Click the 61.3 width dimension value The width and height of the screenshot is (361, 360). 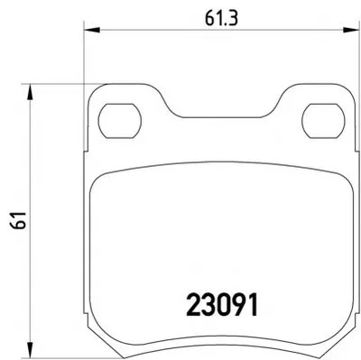point(221,19)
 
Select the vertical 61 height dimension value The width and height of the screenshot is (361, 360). point(20,221)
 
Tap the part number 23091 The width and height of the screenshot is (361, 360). point(222,304)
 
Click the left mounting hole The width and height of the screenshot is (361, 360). point(120,121)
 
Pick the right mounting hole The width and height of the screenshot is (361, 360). point(323,121)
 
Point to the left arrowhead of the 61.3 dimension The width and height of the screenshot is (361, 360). point(91,30)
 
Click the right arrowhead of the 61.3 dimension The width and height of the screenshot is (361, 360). point(351,30)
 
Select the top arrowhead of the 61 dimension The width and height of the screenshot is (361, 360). point(30,92)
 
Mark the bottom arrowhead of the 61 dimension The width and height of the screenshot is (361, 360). point(30,350)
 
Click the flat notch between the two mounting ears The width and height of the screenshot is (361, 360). point(222,117)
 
